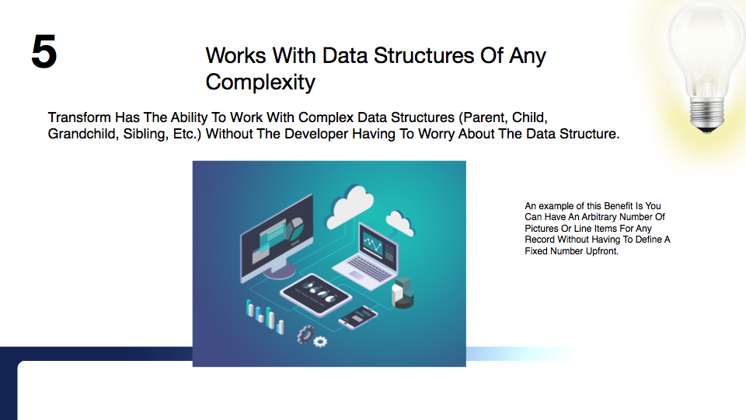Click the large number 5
click(x=44, y=51)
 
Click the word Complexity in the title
click(x=260, y=82)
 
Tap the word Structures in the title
click(x=424, y=56)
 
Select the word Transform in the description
click(x=79, y=117)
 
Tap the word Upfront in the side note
click(x=602, y=251)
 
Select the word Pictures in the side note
click(x=542, y=229)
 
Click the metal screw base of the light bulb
click(x=707, y=115)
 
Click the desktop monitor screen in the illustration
click(x=277, y=236)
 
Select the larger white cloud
click(x=349, y=205)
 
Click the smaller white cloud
click(x=399, y=222)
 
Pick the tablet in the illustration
click(x=316, y=294)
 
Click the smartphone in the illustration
click(x=357, y=317)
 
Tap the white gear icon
click(x=320, y=341)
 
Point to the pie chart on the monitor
click(x=295, y=228)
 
